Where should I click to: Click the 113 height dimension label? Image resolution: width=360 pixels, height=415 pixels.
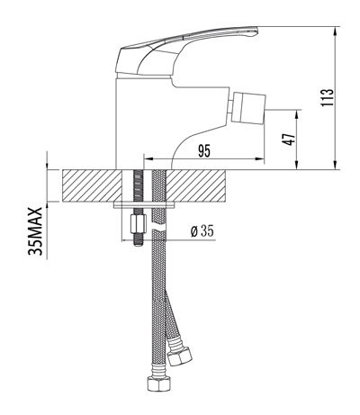point(327,97)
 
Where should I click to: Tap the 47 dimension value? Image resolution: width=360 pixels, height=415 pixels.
point(290,139)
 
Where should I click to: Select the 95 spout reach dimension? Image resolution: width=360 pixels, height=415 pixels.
point(204,151)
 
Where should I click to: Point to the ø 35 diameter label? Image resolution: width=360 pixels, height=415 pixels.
point(202,231)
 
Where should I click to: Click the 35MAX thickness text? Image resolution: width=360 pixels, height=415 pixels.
point(35,231)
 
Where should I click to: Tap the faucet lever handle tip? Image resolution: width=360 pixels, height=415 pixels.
point(256,31)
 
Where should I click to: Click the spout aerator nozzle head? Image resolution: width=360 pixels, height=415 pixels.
point(249,107)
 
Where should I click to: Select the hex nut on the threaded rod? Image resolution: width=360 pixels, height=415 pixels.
point(138,223)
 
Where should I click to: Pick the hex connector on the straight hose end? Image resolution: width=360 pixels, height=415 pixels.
point(159,384)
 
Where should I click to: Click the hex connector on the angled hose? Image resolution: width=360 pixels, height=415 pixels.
point(179,356)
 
